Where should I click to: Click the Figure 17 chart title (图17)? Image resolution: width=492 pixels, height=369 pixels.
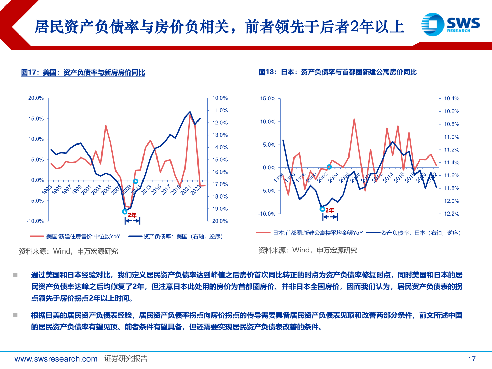pos(83,72)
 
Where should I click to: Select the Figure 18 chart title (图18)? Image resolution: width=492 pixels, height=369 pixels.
pos(338,72)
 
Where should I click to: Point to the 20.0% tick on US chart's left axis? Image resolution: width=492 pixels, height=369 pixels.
pos(36,98)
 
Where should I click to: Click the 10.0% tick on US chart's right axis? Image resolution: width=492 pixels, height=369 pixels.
pos(220,98)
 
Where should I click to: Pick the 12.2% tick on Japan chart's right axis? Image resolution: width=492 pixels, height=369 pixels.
pos(451,214)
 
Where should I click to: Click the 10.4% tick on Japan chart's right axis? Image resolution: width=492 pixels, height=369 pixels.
pos(451,99)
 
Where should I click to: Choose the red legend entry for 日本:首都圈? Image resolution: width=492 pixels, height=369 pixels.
pos(310,233)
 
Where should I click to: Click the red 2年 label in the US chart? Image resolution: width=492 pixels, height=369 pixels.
pos(132,215)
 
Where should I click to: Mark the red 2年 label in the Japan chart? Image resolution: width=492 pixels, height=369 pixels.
pos(330,210)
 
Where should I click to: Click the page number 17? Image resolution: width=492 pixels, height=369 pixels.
pos(471,359)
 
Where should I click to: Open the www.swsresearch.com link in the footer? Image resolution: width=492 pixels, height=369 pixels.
pos(56,359)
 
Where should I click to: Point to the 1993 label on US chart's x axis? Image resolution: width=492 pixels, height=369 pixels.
pos(47,189)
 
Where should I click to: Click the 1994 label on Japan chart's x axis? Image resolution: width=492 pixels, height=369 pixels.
pos(278,177)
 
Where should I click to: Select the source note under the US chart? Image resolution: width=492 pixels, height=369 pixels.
pos(68,251)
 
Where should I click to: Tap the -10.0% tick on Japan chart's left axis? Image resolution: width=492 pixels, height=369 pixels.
pos(266,214)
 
